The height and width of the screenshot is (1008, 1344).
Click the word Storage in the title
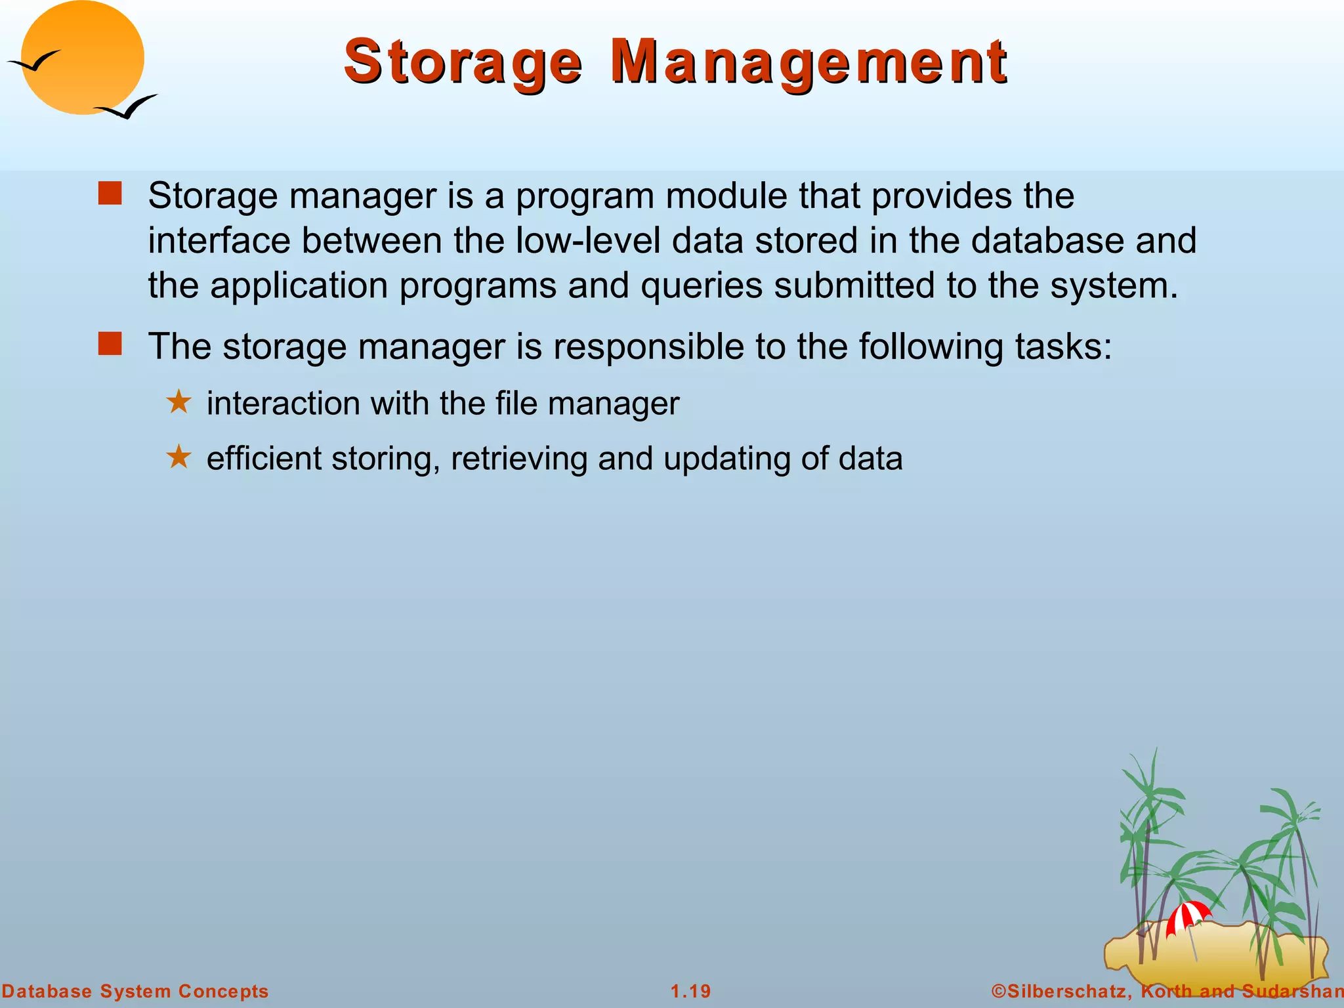click(x=463, y=62)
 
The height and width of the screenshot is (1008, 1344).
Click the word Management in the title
click(x=808, y=62)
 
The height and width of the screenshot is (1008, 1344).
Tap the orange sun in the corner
click(x=83, y=58)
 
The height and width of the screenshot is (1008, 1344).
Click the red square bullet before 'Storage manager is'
click(x=110, y=194)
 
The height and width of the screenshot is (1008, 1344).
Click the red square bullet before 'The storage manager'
click(x=110, y=344)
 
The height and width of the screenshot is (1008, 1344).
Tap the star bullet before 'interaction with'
click(x=178, y=402)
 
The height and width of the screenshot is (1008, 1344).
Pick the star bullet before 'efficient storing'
click(x=178, y=457)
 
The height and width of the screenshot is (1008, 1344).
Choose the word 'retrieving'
click(x=518, y=459)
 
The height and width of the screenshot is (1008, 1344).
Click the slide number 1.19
click(x=691, y=991)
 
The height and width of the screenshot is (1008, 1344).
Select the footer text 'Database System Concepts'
click(x=135, y=991)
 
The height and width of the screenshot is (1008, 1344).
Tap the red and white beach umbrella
click(x=1188, y=916)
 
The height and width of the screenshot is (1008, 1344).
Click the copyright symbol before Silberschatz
click(x=998, y=991)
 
